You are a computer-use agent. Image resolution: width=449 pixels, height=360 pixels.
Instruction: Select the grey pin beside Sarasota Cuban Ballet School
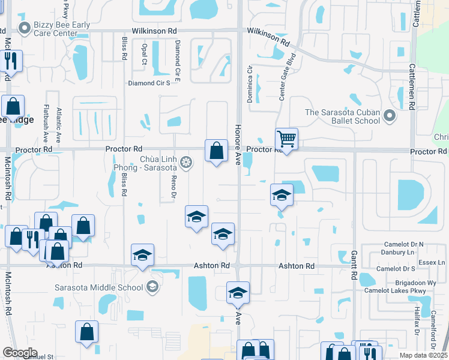point(391,114)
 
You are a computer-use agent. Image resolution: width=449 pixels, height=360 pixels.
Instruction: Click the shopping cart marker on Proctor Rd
point(286,140)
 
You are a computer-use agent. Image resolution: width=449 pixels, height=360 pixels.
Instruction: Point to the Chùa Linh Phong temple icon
point(187,162)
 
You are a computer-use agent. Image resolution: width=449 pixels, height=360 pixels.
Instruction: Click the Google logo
point(20,352)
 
